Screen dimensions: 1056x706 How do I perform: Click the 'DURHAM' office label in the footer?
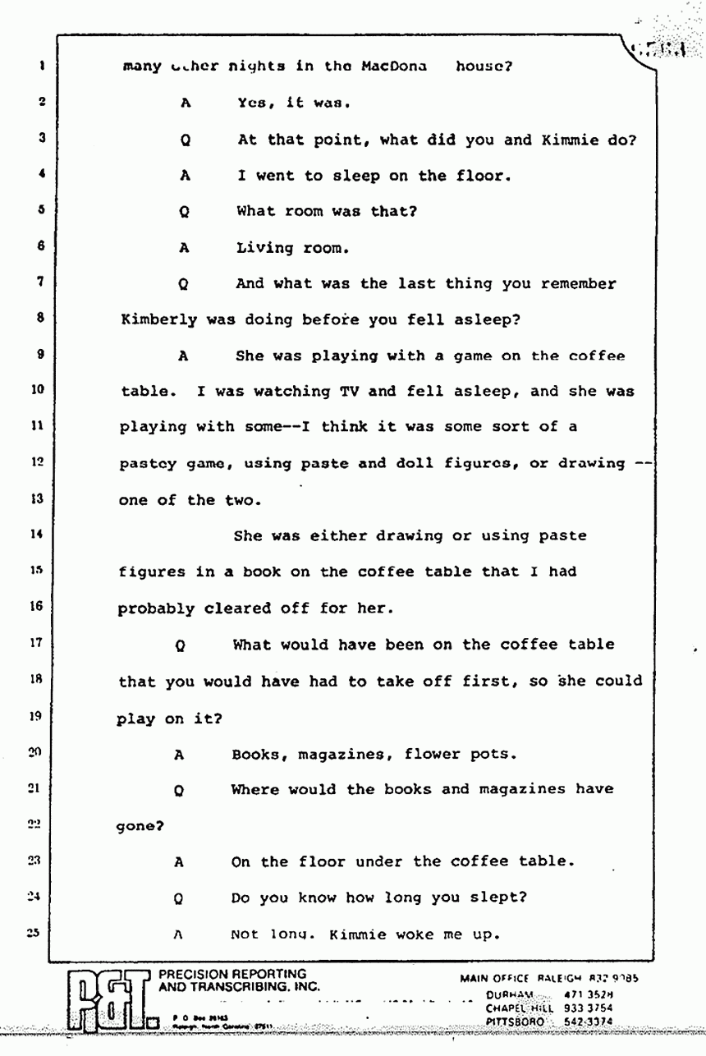point(511,993)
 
